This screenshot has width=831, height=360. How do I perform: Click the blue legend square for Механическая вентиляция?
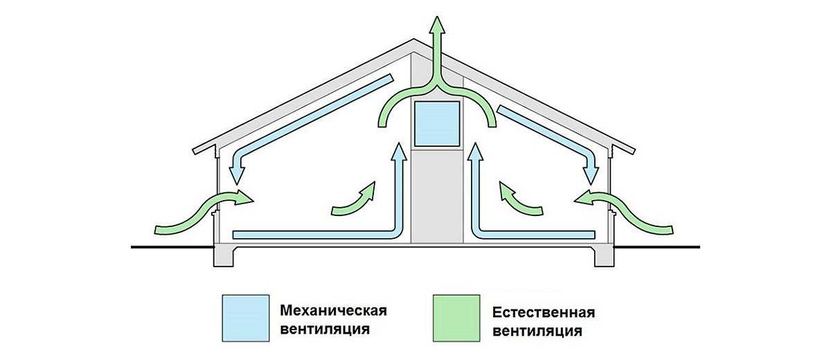tap(246, 318)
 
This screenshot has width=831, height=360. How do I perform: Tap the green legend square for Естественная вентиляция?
tap(456, 318)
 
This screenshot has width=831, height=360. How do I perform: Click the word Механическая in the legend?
tap(333, 310)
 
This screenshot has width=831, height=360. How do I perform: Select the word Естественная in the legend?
tap(544, 312)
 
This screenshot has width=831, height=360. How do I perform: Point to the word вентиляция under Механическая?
tap(325, 330)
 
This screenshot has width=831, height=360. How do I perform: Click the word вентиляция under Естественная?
tap(537, 331)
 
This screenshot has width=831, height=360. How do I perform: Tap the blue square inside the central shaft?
tap(437, 124)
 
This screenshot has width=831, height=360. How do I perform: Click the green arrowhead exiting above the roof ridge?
tap(438, 25)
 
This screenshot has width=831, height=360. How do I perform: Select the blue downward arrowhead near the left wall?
tap(236, 176)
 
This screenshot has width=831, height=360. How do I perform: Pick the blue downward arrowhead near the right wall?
tap(591, 176)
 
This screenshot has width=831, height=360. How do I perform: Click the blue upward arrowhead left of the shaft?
tap(399, 151)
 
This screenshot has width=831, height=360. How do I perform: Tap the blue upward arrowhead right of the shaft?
tap(475, 151)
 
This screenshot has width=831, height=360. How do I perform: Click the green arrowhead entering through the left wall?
tap(243, 197)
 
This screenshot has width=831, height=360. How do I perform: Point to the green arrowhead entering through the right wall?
tap(584, 197)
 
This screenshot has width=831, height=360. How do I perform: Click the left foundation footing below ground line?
tap(224, 256)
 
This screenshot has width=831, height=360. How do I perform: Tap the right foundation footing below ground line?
tap(605, 256)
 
